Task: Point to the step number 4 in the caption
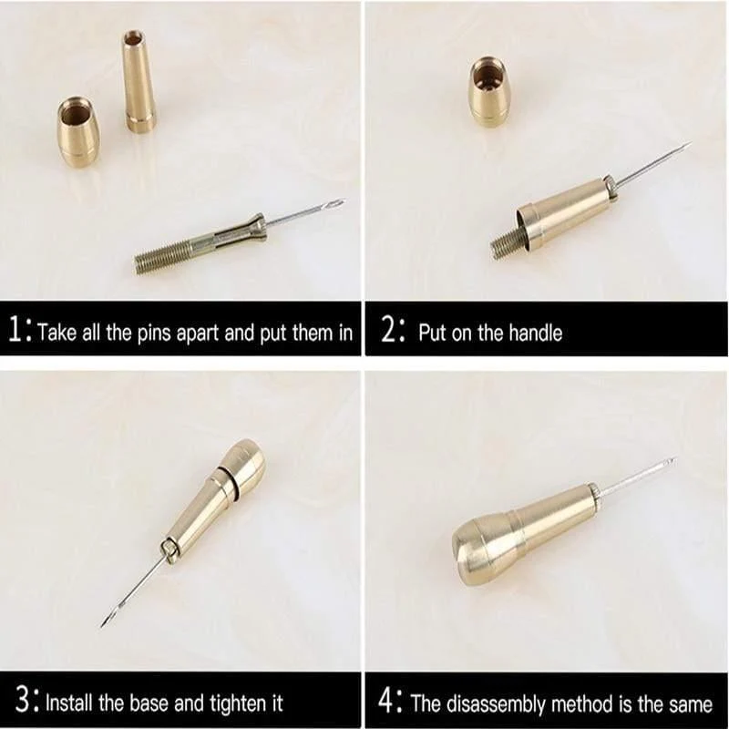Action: (386, 701)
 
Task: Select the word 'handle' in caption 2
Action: (535, 333)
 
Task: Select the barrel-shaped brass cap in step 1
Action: (78, 131)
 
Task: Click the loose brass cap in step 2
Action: (489, 92)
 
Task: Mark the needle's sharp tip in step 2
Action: (690, 144)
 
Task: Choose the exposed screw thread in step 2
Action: (507, 243)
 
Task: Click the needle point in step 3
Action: (102, 624)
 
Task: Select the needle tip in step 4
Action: (673, 460)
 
